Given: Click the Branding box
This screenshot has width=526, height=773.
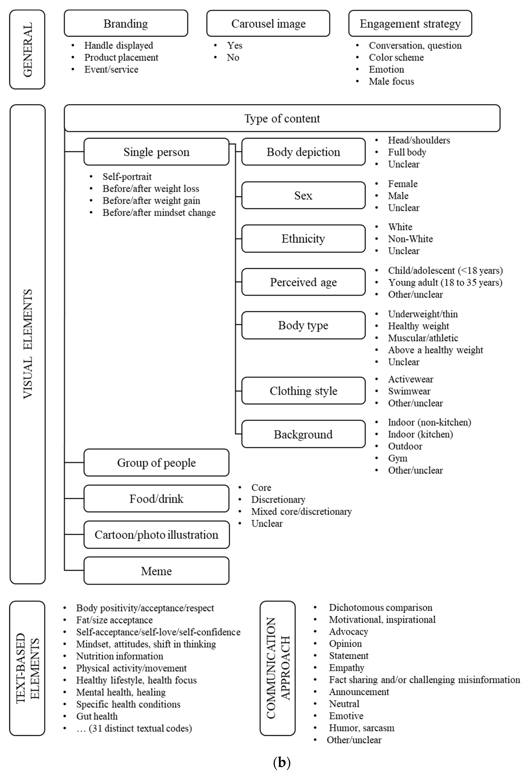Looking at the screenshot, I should [x=126, y=23].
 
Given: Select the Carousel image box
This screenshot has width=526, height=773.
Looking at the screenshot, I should [x=268, y=23].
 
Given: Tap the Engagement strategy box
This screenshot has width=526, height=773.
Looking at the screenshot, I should [x=410, y=23].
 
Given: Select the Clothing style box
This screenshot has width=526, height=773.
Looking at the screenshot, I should [x=303, y=391].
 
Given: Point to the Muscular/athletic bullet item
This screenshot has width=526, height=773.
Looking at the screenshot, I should [x=423, y=338].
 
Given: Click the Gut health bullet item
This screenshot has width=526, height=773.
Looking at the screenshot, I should [x=97, y=716].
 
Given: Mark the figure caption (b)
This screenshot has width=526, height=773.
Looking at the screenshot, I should [x=282, y=762].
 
